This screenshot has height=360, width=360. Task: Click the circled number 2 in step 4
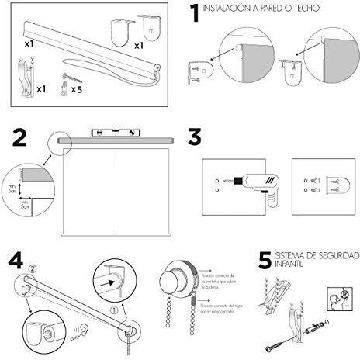click(x=32, y=271)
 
